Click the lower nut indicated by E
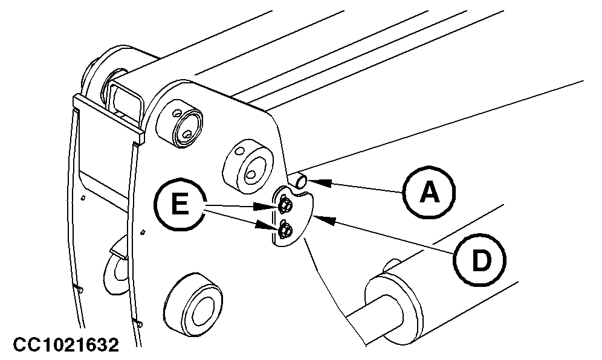point(285,230)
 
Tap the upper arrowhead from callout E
point(273,207)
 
